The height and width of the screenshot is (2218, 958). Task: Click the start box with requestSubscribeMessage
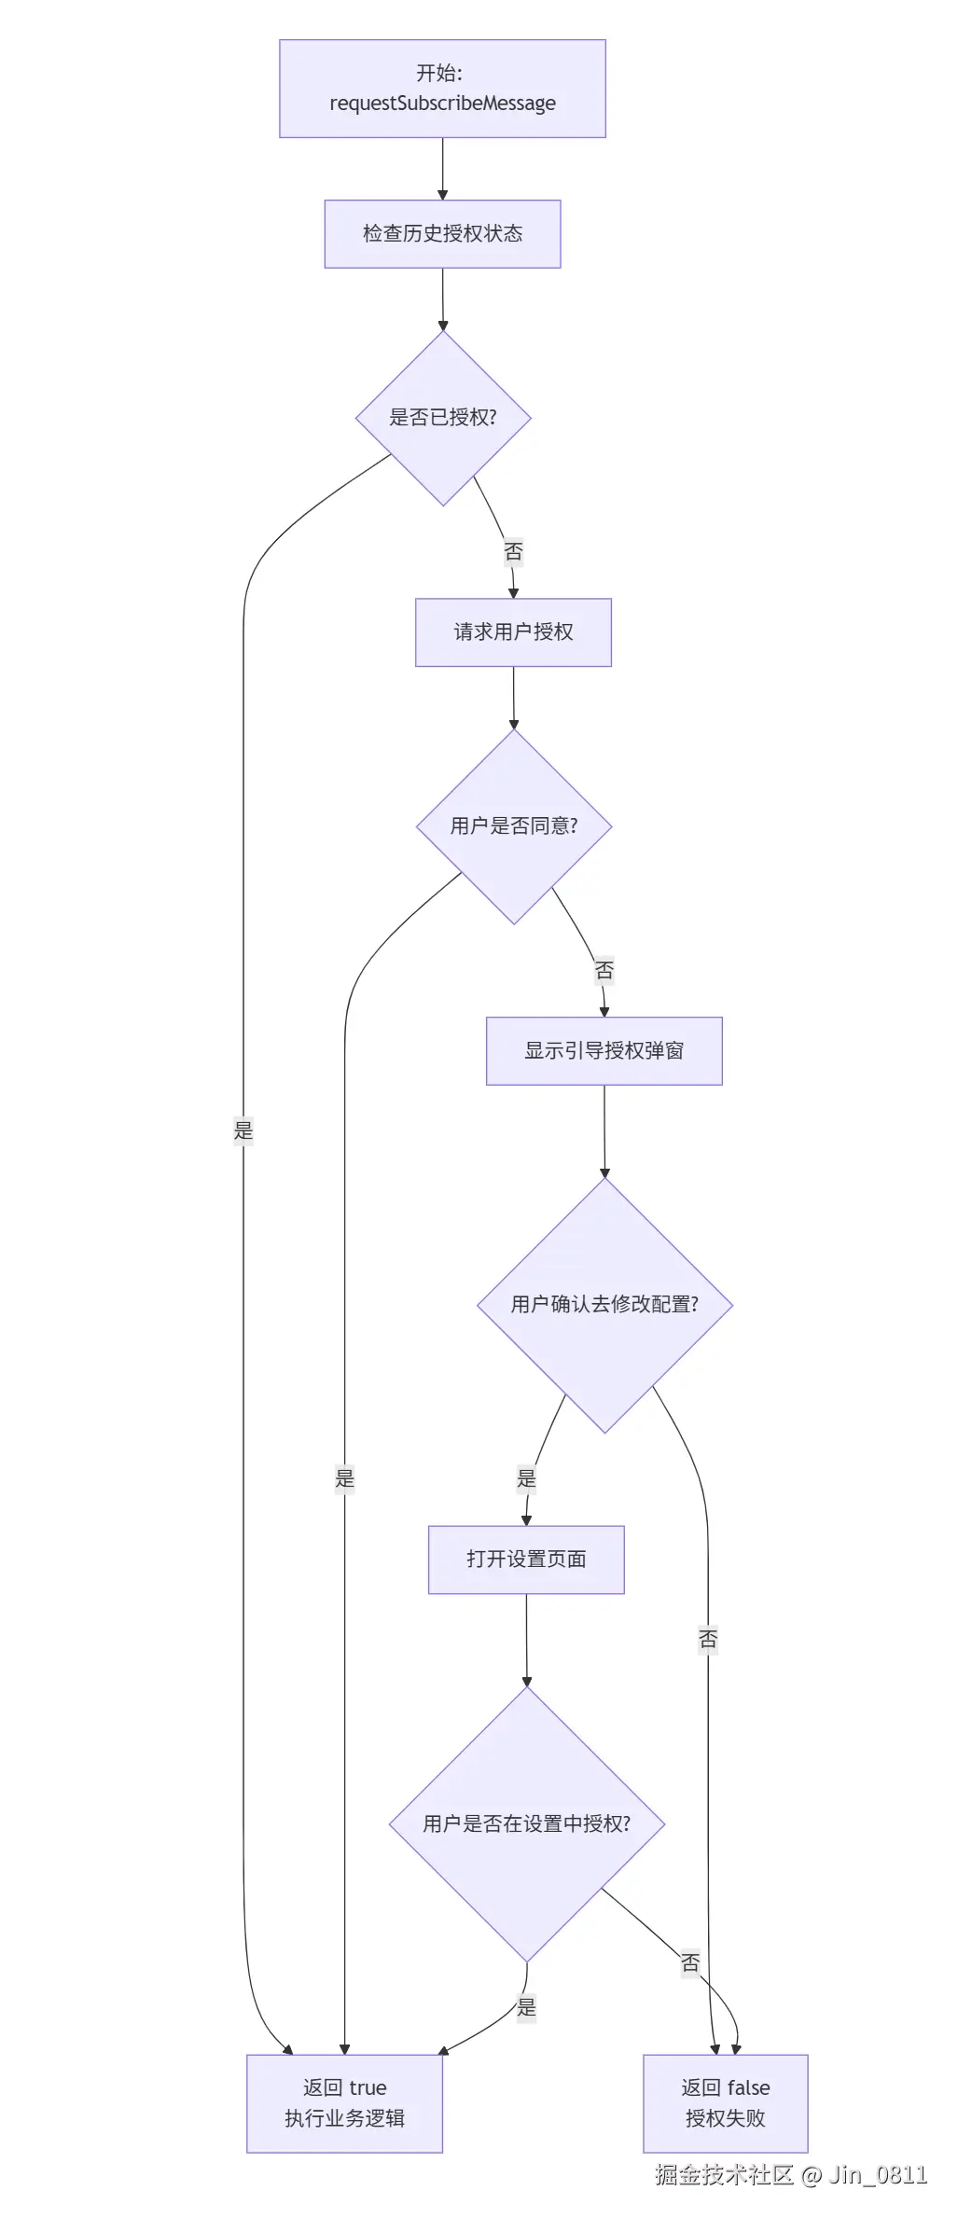(442, 89)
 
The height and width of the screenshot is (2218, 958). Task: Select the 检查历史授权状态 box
(442, 234)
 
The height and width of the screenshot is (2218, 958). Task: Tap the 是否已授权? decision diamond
(443, 418)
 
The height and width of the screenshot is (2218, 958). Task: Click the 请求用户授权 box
(513, 632)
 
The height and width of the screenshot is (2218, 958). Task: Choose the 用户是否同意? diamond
(514, 826)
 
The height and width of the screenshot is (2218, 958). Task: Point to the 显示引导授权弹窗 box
(604, 1051)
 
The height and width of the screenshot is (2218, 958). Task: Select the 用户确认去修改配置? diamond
(604, 1305)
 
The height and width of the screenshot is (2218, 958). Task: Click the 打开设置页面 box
(526, 1560)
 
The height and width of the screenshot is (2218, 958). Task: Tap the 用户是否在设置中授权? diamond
(526, 1824)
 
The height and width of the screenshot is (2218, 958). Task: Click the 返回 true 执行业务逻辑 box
(344, 2103)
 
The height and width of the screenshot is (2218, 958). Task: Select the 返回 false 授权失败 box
(725, 2103)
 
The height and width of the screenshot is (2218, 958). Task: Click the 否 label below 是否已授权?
(513, 552)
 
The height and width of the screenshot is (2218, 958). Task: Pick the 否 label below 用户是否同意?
(604, 971)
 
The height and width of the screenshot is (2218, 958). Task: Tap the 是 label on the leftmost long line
(243, 1131)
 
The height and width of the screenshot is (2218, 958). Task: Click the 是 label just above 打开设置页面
(526, 1478)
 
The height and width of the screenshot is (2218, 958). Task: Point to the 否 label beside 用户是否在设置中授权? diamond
(690, 1962)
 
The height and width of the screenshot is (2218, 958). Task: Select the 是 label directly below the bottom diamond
(527, 2007)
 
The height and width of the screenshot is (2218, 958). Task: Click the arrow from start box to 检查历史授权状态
(442, 169)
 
